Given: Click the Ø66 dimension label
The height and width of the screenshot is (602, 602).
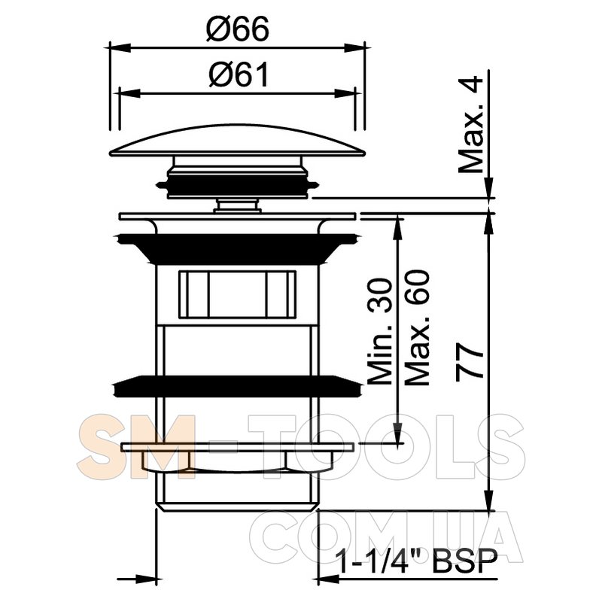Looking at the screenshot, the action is coord(238,29).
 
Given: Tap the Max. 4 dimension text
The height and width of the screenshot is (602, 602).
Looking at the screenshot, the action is coord(471,124).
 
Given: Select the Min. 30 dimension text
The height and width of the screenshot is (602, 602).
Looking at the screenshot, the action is coord(380,332).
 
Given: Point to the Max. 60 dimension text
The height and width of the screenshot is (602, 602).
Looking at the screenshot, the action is coord(417,328).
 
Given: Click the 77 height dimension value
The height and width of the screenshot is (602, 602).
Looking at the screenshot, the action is coord(470,361).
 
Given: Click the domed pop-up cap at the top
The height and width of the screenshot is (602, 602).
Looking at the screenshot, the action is coord(237,141).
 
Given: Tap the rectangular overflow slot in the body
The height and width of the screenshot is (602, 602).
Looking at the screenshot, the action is coord(237,295).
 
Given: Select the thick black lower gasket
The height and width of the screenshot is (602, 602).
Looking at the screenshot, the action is coord(237,387).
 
